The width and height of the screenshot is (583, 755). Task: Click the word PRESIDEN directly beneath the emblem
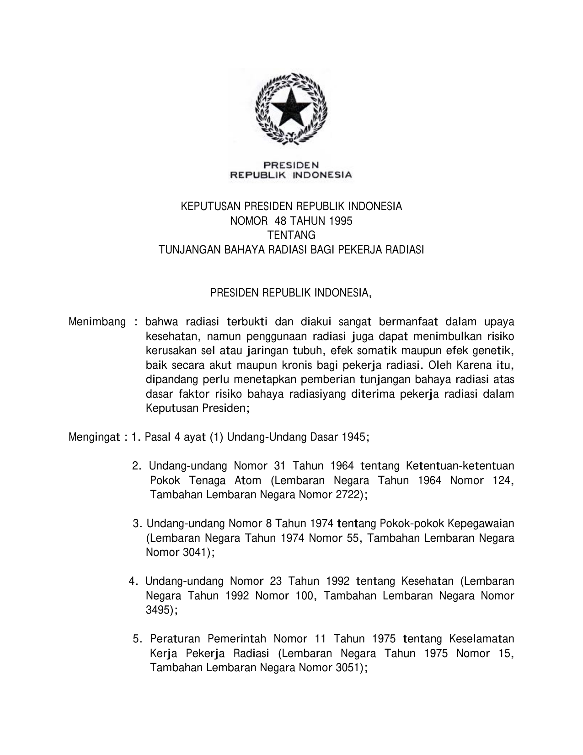pos(291,165)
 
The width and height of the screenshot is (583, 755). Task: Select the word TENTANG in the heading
pos(291,236)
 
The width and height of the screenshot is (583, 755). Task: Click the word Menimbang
pos(97,322)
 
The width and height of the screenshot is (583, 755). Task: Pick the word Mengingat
pos(94,437)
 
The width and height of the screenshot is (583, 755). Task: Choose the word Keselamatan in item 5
pos(482,639)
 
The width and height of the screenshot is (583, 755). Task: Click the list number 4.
pos(133,582)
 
